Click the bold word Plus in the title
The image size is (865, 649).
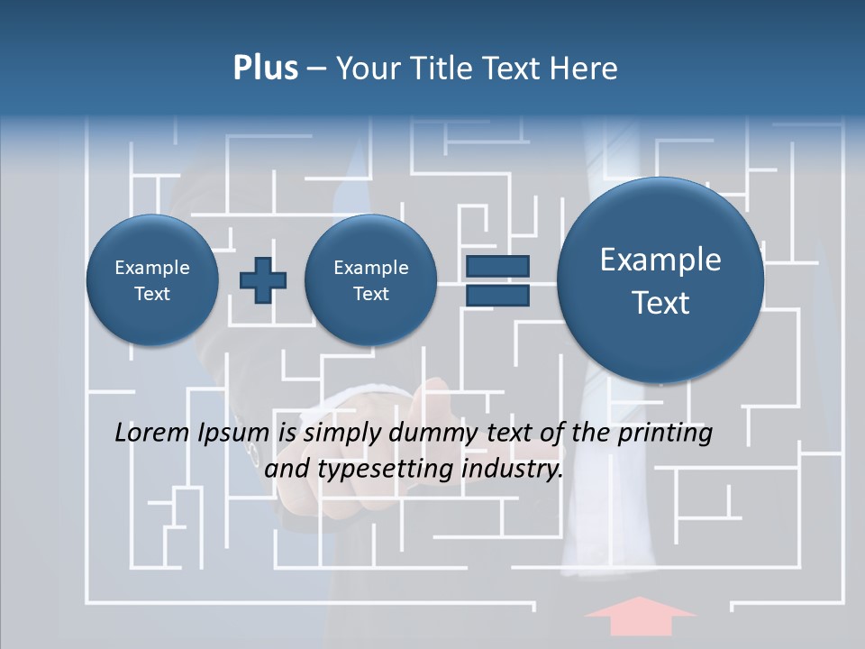click(x=265, y=69)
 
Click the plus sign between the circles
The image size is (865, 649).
click(x=263, y=280)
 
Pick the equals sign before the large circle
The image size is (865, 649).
click(x=497, y=280)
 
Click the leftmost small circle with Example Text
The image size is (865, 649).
click(x=152, y=280)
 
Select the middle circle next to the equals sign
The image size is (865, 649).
click(x=371, y=280)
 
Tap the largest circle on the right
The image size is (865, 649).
click(x=660, y=280)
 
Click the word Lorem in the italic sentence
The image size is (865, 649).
click(x=151, y=433)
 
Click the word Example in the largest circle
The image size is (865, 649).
click(x=660, y=260)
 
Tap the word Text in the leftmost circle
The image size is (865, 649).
click(x=152, y=294)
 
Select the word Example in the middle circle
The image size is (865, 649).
click(x=371, y=268)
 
